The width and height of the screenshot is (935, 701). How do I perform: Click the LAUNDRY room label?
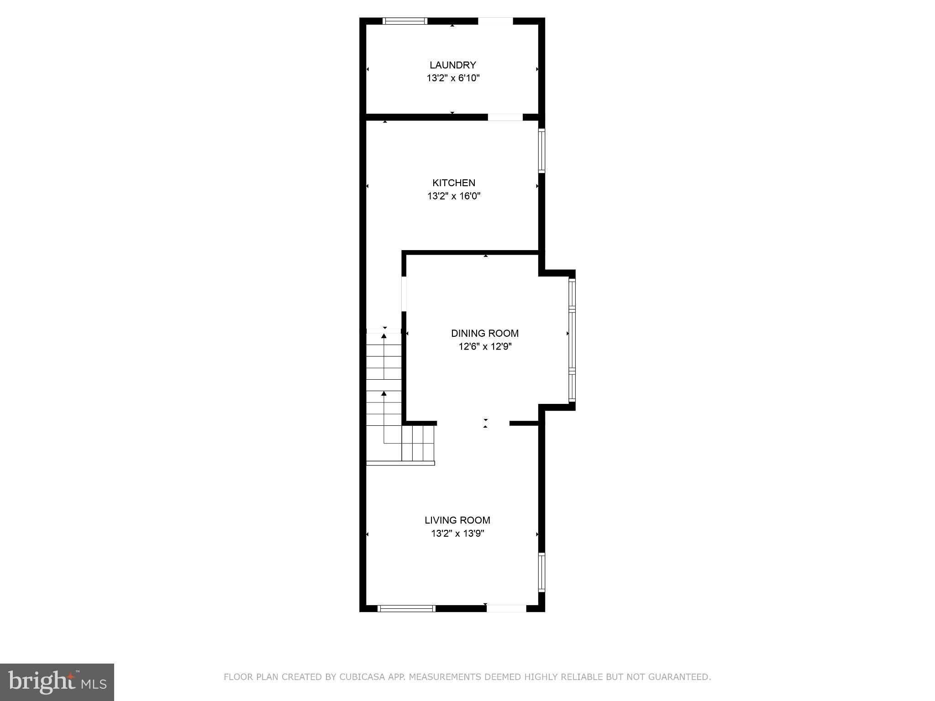pos(452,65)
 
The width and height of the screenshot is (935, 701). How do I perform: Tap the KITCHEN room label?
pos(454,183)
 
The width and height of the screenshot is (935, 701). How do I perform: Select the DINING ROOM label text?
pos(485,333)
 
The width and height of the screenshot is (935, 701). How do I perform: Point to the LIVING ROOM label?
pos(457,520)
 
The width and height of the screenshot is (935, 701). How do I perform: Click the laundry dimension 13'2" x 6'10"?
pos(453,78)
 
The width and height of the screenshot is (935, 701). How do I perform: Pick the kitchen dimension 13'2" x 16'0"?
pos(454,196)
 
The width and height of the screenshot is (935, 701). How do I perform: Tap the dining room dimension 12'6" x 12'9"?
pos(485,347)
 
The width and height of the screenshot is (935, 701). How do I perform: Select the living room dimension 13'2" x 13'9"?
pos(457,534)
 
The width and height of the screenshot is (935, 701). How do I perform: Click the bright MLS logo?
pos(57,682)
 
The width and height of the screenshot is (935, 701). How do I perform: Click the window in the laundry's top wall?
pos(404,21)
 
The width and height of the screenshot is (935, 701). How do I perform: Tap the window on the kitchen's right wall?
pos(541,150)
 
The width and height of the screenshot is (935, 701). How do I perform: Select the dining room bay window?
pos(572,340)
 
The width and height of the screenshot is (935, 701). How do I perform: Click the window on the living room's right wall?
pos(541,572)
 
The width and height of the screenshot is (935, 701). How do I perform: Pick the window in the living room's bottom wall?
pos(406,608)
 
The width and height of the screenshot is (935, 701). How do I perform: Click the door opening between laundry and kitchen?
pos(505,117)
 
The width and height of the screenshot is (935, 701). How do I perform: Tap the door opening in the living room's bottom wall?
pos(506,608)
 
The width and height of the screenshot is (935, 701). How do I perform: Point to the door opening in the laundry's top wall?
pos(495,21)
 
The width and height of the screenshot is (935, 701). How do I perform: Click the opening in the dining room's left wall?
pos(404,294)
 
